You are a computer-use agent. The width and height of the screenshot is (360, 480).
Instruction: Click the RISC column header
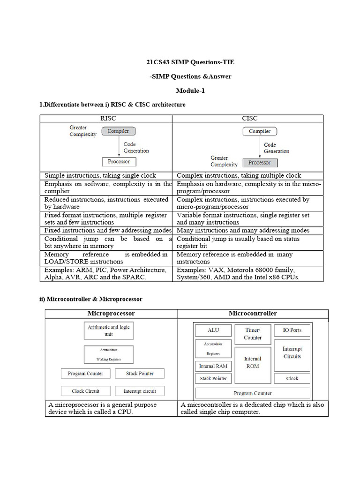pyautogui.click(x=108, y=119)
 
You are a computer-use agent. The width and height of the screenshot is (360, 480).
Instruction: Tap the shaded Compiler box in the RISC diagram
pyautogui.click(x=118, y=131)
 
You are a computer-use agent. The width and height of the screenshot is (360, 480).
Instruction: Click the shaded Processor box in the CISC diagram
pyautogui.click(x=260, y=163)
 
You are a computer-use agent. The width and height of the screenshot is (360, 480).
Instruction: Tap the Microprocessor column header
pyautogui.click(x=111, y=313)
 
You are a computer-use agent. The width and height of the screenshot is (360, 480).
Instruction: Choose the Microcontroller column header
pyautogui.click(x=253, y=313)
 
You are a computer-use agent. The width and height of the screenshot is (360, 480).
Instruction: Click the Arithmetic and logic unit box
pyautogui.click(x=108, y=331)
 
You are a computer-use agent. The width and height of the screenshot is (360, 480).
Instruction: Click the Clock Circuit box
pyautogui.click(x=84, y=391)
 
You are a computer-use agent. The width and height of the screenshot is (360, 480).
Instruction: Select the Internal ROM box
pyautogui.click(x=253, y=362)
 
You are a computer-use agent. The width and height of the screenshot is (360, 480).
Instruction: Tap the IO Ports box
pyautogui.click(x=292, y=330)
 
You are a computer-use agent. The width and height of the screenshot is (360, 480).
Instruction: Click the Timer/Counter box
pyautogui.click(x=253, y=334)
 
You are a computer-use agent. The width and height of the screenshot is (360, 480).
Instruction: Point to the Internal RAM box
pyautogui.click(x=213, y=366)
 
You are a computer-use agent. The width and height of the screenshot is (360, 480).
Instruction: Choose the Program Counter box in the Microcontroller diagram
pyautogui.click(x=253, y=393)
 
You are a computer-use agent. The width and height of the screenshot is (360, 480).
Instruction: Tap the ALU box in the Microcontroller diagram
pyautogui.click(x=213, y=330)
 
